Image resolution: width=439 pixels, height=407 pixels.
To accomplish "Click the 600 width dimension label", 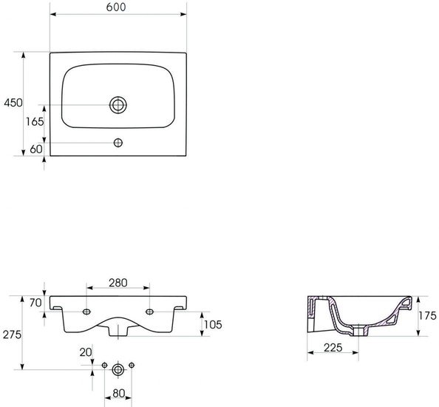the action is coord(116,7).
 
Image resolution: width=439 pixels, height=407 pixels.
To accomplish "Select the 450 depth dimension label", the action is coord(13,103).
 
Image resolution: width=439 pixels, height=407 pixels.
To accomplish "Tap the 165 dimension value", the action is coord(35,121).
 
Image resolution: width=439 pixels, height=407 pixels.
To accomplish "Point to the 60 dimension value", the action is coord(36,149).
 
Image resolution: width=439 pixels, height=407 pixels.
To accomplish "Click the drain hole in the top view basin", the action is coord(118,105).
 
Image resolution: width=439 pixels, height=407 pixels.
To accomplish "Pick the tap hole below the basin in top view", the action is coord(118,143).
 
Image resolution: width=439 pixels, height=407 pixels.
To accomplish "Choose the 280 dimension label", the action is coord(118,283).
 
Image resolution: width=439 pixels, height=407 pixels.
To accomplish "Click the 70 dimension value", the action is coord(35,303).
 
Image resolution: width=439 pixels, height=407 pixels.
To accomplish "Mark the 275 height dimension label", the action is coord(12,334).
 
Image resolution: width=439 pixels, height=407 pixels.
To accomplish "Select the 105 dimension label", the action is coord(213,325).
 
